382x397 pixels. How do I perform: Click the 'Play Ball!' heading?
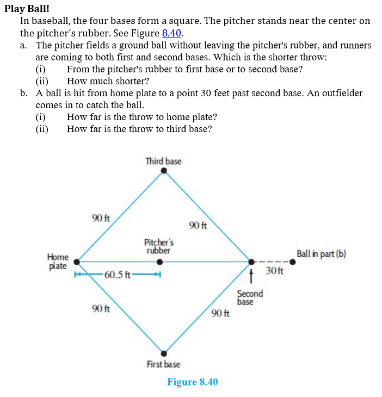click(27, 8)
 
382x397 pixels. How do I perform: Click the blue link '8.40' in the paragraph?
click(171, 33)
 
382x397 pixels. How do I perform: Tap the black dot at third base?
click(164, 171)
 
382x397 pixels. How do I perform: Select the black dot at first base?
click(164, 352)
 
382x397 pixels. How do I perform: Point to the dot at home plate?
click(77, 262)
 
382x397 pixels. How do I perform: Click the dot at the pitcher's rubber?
click(159, 262)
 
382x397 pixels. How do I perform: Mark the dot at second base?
click(251, 262)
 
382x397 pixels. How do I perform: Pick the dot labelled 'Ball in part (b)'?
click(292, 262)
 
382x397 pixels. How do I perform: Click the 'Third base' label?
click(163, 161)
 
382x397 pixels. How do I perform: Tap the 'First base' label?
click(163, 364)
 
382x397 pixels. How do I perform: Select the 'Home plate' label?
click(58, 261)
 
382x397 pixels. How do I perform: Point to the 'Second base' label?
click(250, 297)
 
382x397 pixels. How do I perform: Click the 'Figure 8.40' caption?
click(192, 382)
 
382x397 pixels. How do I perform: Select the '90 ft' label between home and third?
click(101, 218)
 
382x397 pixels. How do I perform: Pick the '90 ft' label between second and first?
click(221, 313)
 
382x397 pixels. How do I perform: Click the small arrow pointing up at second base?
click(251, 276)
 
